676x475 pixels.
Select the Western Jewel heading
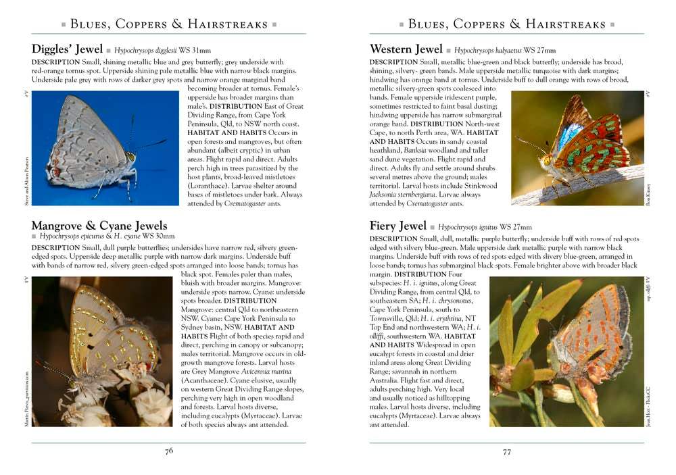click(406, 49)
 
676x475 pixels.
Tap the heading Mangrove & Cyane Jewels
click(99, 225)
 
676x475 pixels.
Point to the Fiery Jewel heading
click(398, 226)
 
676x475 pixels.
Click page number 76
click(169, 452)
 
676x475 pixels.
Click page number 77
click(507, 452)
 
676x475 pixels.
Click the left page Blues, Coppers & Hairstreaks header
click(169, 24)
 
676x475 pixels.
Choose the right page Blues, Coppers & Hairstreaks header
click(507, 24)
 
